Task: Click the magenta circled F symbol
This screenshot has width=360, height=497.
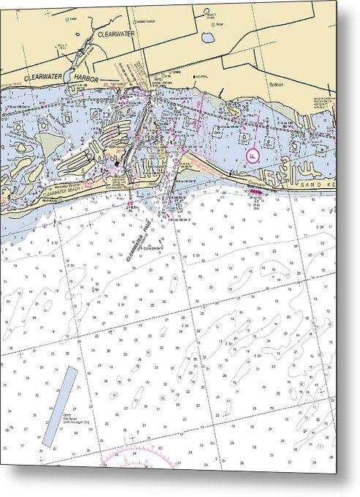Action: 253,155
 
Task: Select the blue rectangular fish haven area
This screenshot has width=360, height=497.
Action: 60,406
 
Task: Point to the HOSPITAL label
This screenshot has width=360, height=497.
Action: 201,76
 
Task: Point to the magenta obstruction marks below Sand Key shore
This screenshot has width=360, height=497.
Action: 255,193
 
